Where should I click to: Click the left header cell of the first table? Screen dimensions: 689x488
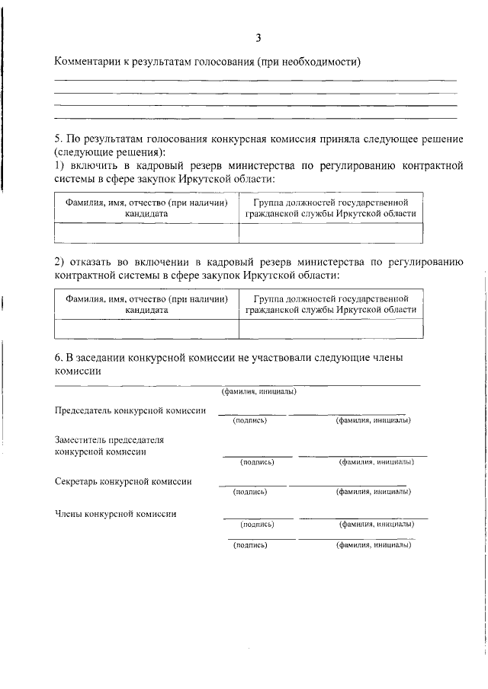[x=146, y=209]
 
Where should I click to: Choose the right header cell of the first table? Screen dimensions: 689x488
[x=330, y=209]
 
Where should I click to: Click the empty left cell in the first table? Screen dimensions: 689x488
[x=146, y=232]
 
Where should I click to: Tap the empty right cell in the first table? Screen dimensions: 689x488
[x=330, y=232]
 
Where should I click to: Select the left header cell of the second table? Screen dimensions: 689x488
[x=146, y=305]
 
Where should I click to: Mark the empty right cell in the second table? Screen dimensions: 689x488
[x=330, y=328]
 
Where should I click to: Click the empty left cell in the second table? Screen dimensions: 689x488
[x=146, y=328]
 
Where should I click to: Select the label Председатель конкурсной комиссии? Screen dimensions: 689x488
[x=130, y=410]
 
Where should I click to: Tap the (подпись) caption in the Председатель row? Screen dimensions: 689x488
[x=249, y=421]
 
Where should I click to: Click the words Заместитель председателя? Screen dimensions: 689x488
[x=109, y=440]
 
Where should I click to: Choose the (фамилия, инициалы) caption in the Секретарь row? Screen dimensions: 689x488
[x=373, y=492]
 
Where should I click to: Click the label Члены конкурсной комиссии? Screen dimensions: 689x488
[x=116, y=513]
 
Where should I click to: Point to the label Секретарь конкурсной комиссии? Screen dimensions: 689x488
[x=123, y=481]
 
